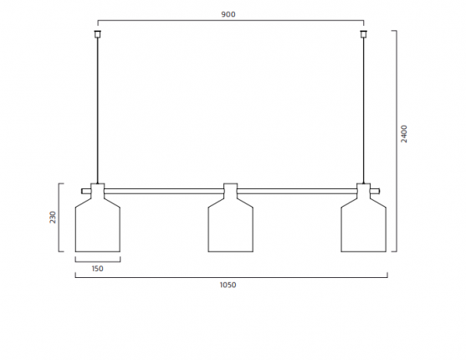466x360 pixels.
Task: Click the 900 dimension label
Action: (228, 14)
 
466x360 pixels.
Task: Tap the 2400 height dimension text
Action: (404, 134)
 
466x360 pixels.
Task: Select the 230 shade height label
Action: (53, 217)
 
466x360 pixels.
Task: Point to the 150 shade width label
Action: (98, 269)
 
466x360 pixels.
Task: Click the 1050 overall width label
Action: (228, 285)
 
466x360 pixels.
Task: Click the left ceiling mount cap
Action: (98, 34)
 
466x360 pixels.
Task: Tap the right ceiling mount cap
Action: (363, 34)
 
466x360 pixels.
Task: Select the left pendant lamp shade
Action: (98, 225)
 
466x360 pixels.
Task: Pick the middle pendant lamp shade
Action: (230, 225)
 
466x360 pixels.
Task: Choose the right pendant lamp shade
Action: (363, 225)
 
